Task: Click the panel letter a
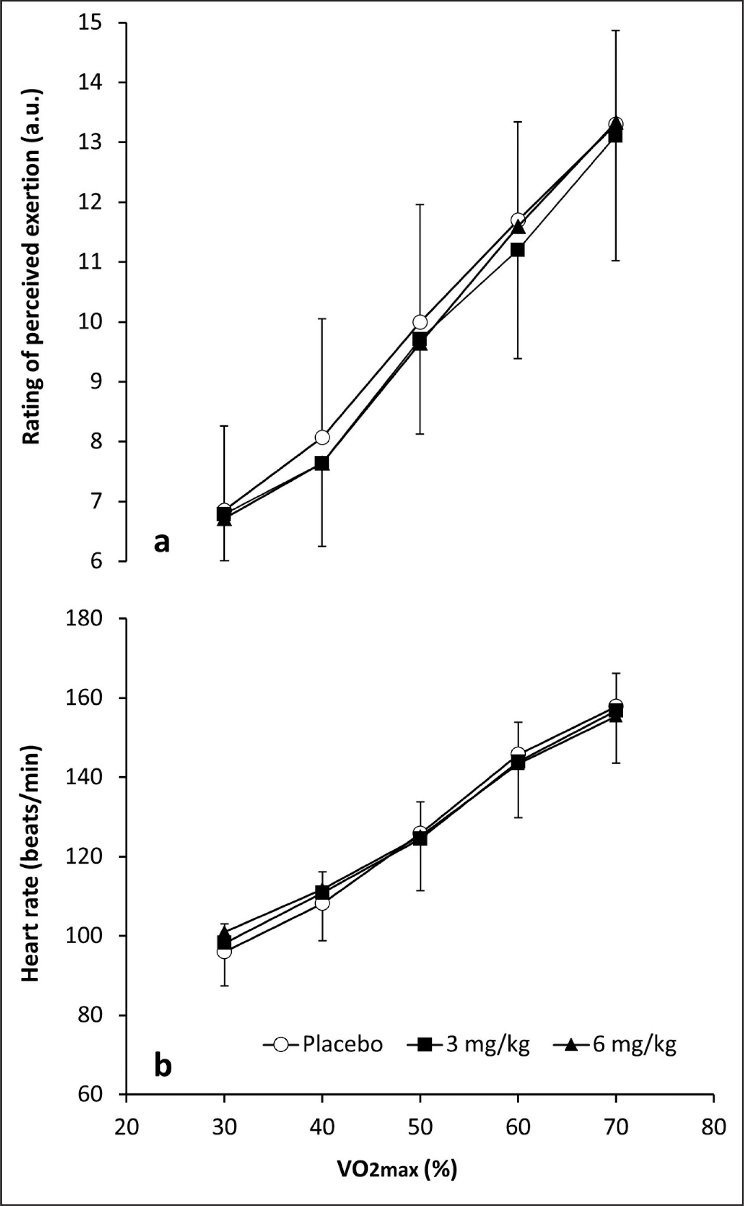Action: [x=162, y=542]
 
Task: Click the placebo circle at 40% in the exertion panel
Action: [x=322, y=437]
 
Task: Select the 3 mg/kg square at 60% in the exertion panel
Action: [x=518, y=250]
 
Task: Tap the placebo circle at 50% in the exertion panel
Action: [x=420, y=322]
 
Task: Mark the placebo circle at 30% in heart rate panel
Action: [x=224, y=952]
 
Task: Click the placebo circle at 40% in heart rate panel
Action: [x=322, y=903]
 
